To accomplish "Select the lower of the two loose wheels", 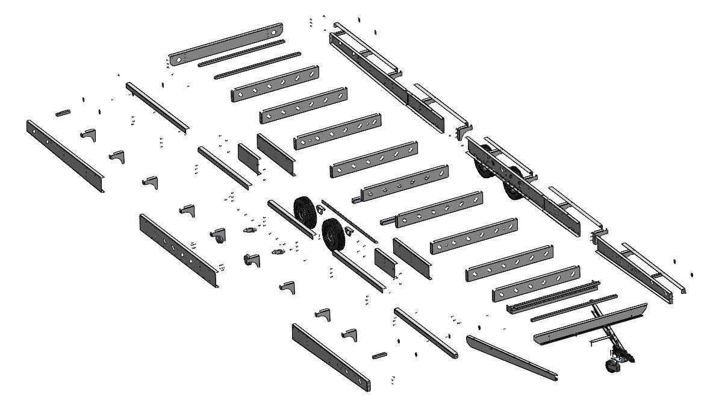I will coord(332,236).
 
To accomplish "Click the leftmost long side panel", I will coord(64,156).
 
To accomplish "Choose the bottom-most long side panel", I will coord(331,358).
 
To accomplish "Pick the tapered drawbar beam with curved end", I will coord(511,358).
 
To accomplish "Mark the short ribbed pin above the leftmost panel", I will coord(64,113).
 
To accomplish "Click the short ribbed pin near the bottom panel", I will coord(379,355).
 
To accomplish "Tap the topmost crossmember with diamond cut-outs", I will coord(275,84).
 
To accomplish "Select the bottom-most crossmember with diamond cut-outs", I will coord(536,283).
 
